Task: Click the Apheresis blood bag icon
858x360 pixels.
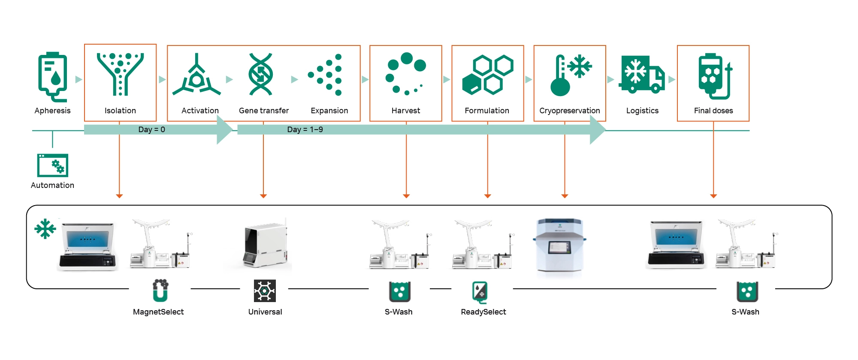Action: [52, 76]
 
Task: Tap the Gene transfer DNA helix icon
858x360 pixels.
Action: [260, 74]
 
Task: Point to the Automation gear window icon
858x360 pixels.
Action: [52, 165]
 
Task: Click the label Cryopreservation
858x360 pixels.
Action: [569, 111]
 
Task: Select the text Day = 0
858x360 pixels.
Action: [151, 130]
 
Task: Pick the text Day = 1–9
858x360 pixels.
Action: [305, 130]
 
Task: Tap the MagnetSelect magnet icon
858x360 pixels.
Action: [160, 290]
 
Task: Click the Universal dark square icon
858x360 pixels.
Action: [265, 291]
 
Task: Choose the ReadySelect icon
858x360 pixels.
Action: [480, 292]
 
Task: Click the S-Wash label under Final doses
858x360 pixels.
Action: [745, 312]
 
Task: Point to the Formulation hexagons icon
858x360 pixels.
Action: [488, 75]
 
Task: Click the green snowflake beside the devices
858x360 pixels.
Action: [45, 229]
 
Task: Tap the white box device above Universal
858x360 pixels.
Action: [265, 245]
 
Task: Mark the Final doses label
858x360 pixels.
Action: [713, 111]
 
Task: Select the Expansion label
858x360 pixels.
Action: [329, 111]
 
